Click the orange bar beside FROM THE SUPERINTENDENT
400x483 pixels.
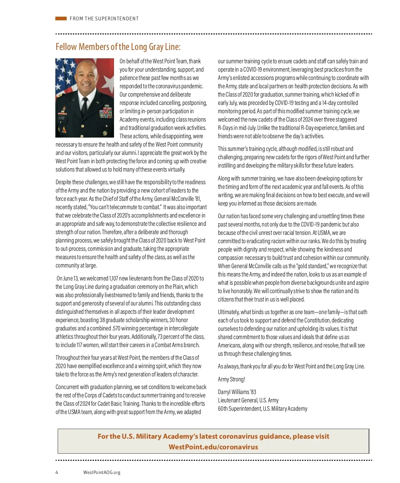[61, 19]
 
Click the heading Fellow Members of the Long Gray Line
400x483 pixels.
[118, 47]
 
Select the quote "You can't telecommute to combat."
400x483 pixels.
[125, 207]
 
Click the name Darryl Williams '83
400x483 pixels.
[237, 392]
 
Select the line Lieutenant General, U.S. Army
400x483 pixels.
[248, 400]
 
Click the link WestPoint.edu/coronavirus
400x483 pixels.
[213, 447]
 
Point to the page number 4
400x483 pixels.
[57, 472]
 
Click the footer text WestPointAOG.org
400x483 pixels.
[102, 472]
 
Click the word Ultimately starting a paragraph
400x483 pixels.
[228, 312]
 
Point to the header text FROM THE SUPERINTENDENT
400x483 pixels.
[104, 19]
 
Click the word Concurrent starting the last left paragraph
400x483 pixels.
[67, 387]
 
